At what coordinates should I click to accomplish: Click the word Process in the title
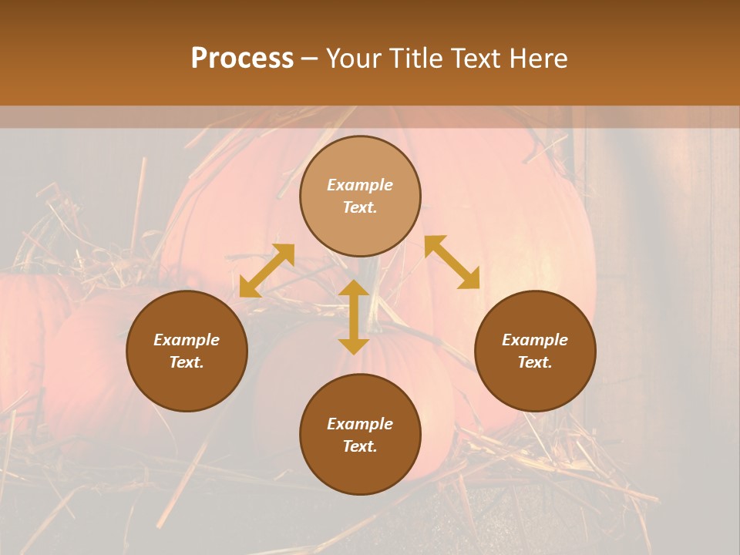[x=242, y=59]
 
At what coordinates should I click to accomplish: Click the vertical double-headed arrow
[x=354, y=318]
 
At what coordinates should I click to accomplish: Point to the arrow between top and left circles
[x=267, y=270]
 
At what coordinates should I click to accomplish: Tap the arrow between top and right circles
[x=452, y=262]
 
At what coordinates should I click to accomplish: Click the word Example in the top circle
[x=360, y=185]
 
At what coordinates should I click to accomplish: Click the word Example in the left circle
[x=187, y=340]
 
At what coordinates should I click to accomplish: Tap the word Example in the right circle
[x=535, y=340]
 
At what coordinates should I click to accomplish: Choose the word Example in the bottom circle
[x=360, y=424]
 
